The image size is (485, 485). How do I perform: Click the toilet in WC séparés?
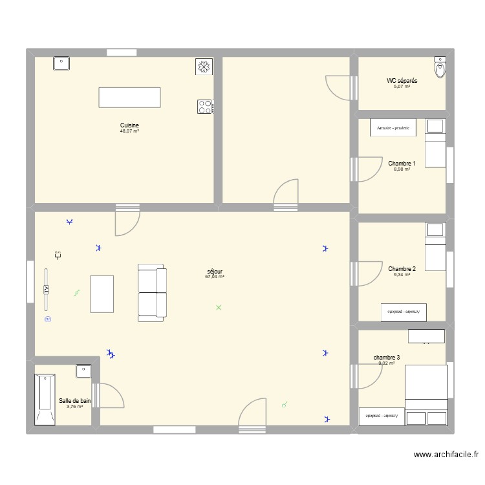(440, 67)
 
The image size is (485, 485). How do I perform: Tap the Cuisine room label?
(129, 125)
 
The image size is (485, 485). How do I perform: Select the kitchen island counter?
(129, 97)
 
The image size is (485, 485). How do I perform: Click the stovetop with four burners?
(205, 106)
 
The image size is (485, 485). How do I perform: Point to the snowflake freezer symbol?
(204, 67)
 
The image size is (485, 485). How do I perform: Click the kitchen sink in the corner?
(61, 63)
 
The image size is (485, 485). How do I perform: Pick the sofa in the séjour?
(152, 293)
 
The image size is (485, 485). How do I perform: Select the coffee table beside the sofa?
(102, 294)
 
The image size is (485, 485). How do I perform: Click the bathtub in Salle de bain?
(45, 399)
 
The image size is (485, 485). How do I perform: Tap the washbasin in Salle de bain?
(83, 371)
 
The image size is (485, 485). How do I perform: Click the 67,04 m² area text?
(215, 277)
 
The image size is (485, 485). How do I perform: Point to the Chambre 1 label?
(402, 164)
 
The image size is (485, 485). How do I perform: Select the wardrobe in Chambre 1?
(393, 128)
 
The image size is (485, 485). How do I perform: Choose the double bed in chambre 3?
(426, 386)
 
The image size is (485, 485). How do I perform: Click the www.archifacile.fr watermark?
(446, 455)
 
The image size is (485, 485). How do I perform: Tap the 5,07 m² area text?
(402, 86)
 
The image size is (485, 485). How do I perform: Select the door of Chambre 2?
(367, 275)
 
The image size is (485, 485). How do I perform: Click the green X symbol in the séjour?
(219, 307)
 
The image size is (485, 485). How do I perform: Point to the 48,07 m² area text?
(129, 131)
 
